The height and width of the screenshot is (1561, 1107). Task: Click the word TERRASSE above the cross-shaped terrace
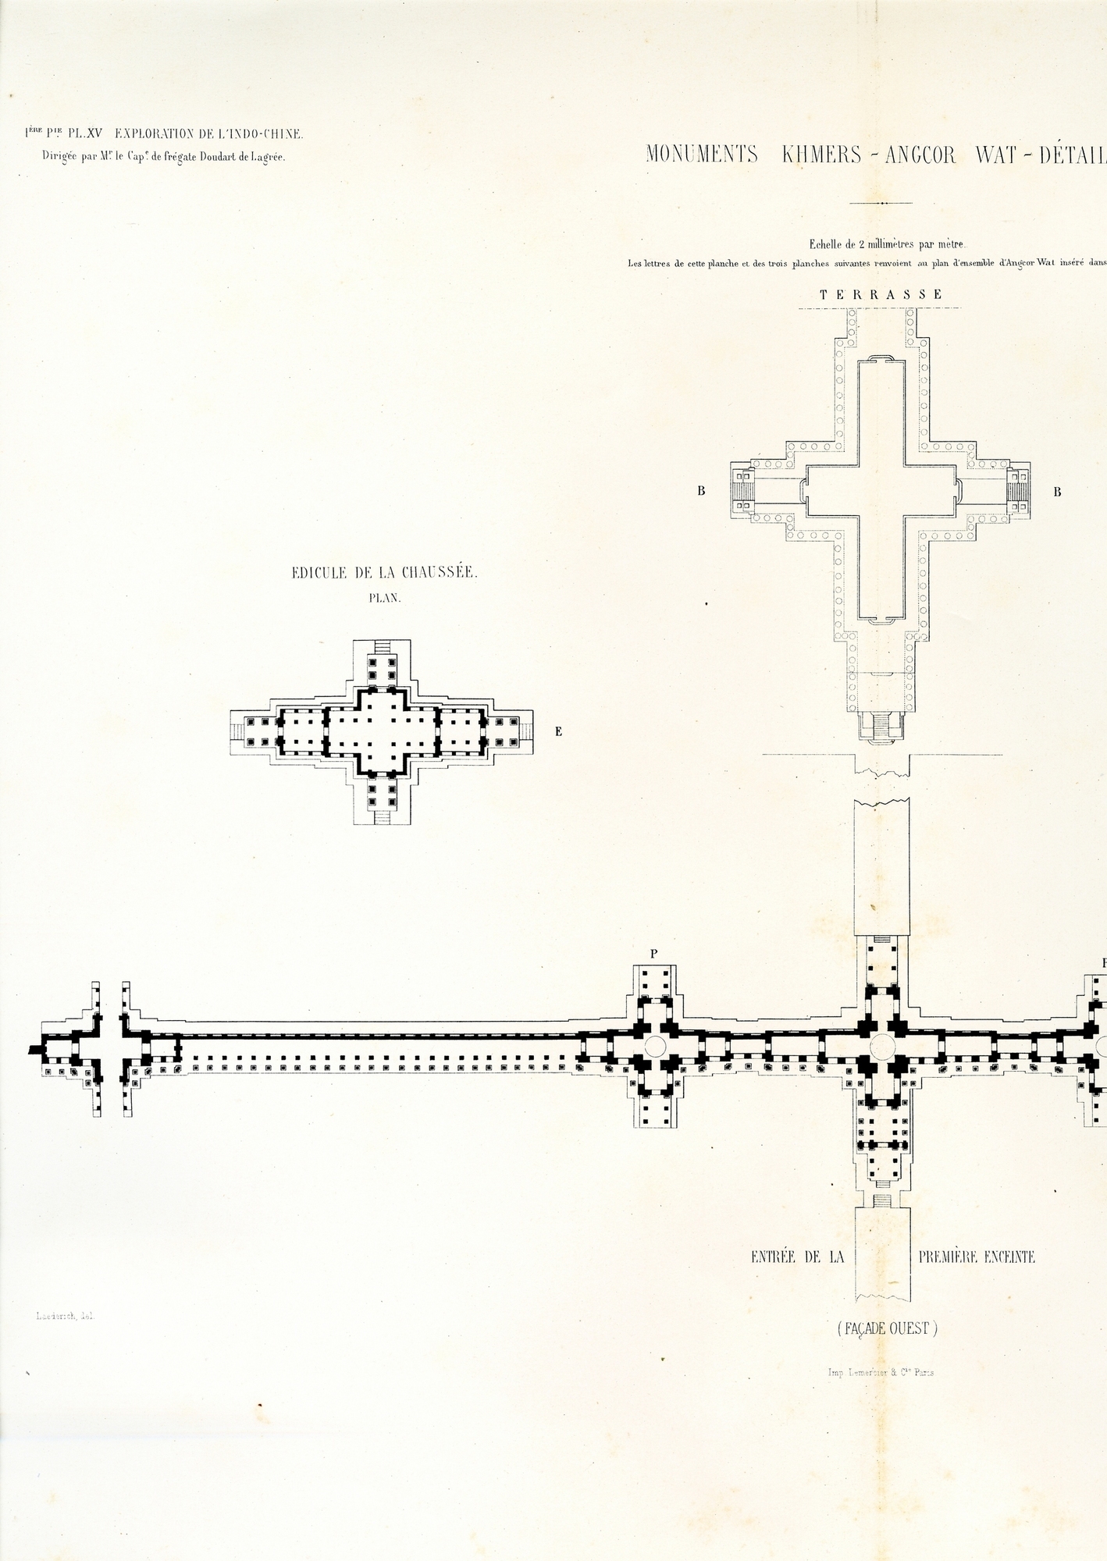[x=881, y=295]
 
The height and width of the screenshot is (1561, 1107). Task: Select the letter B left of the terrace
[x=702, y=492]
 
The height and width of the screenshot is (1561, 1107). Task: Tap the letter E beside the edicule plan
[x=558, y=732]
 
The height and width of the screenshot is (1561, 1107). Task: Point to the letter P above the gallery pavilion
[x=653, y=953]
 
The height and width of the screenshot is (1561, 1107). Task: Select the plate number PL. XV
[x=85, y=134]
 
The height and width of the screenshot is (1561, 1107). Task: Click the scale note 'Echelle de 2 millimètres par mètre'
[x=878, y=244]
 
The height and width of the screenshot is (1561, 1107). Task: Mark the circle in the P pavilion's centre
[x=654, y=1046]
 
